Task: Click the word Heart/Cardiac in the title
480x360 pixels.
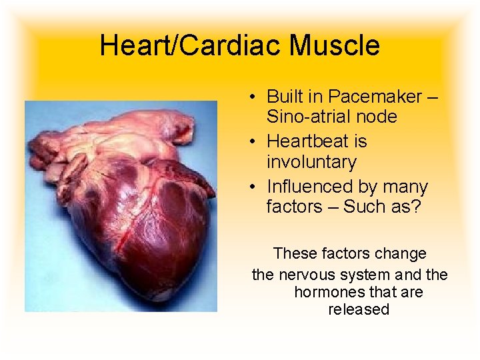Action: [180, 45]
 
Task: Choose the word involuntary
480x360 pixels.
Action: [311, 162]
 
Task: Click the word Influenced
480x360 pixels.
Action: [309, 187]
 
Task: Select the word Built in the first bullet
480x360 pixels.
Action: [283, 97]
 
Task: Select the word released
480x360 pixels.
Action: [359, 310]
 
